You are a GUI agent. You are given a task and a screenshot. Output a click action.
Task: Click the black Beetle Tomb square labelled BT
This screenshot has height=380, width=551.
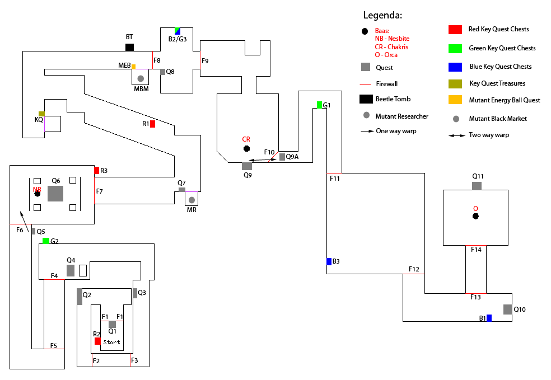(129, 47)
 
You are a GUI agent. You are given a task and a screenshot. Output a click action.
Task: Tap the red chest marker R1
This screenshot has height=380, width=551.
(152, 124)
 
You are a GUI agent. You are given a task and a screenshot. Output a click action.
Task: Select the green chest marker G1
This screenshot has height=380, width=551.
(319, 105)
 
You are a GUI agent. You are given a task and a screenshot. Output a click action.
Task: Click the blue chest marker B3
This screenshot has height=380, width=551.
(329, 261)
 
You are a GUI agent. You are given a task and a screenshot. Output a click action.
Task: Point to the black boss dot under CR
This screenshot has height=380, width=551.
(246, 148)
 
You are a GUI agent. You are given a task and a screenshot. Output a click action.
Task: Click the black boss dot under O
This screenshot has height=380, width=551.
(475, 216)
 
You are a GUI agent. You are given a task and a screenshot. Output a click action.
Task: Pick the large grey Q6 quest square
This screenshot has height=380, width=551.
(55, 194)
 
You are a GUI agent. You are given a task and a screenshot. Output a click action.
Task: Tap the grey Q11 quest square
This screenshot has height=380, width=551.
(477, 186)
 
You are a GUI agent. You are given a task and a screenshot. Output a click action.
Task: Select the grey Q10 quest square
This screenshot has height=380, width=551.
(507, 309)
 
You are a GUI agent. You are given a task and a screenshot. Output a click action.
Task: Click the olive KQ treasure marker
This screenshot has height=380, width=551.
(41, 114)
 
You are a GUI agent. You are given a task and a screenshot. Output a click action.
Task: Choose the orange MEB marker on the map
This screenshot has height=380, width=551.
(133, 67)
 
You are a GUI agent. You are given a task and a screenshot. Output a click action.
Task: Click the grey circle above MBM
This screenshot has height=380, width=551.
(141, 78)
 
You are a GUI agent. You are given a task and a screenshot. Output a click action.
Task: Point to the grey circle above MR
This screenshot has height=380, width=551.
(192, 200)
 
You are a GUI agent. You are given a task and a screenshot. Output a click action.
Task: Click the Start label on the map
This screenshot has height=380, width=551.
(112, 342)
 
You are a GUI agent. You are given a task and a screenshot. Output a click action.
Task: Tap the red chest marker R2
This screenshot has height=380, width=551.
(97, 341)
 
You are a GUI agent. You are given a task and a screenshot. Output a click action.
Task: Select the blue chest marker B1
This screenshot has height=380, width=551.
(489, 318)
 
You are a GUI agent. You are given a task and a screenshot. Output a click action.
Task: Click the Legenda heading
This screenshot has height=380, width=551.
(382, 16)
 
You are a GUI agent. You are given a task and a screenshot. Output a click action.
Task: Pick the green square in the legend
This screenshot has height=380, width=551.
(455, 48)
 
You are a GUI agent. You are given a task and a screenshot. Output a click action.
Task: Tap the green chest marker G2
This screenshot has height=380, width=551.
(46, 241)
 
